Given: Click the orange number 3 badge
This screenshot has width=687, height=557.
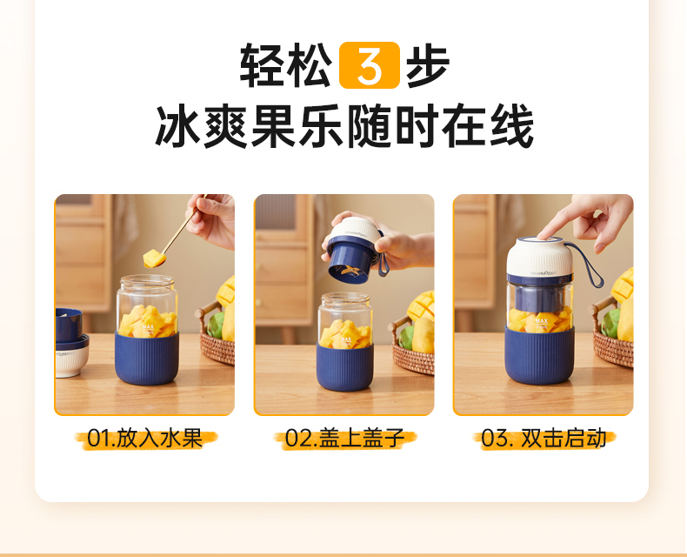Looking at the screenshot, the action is [x=370, y=65].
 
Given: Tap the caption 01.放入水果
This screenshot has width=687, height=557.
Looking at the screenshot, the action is [x=145, y=438].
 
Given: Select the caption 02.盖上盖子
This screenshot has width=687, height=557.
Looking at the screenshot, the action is [x=345, y=438].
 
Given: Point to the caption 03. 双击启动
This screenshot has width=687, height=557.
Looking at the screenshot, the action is [x=544, y=438].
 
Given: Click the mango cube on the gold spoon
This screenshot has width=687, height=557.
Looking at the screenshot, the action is [x=154, y=258].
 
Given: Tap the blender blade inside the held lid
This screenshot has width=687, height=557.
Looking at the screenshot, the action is [x=349, y=272].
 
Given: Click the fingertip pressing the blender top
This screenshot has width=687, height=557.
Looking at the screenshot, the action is [x=544, y=233].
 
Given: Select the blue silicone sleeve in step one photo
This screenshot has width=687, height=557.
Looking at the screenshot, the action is [x=147, y=358].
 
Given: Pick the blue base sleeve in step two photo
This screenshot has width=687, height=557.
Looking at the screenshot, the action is [x=345, y=366].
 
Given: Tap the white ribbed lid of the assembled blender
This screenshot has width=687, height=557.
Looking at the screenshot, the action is [x=540, y=257].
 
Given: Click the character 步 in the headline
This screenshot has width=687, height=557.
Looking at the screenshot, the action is [x=428, y=65].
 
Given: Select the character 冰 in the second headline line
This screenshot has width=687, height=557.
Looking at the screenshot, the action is [x=178, y=125].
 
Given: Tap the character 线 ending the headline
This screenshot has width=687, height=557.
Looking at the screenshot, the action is [x=511, y=125].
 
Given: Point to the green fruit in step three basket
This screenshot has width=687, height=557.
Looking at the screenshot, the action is [x=610, y=323].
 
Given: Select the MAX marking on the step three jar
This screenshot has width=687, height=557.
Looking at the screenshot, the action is [x=542, y=321].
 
